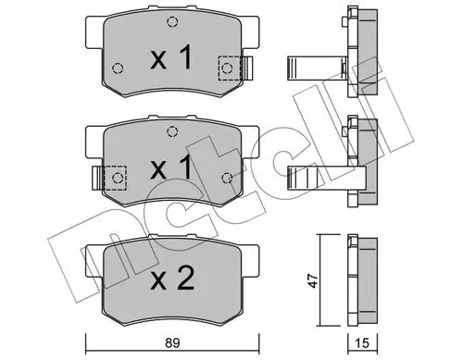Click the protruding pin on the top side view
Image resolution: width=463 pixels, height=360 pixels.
pos(310,66)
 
